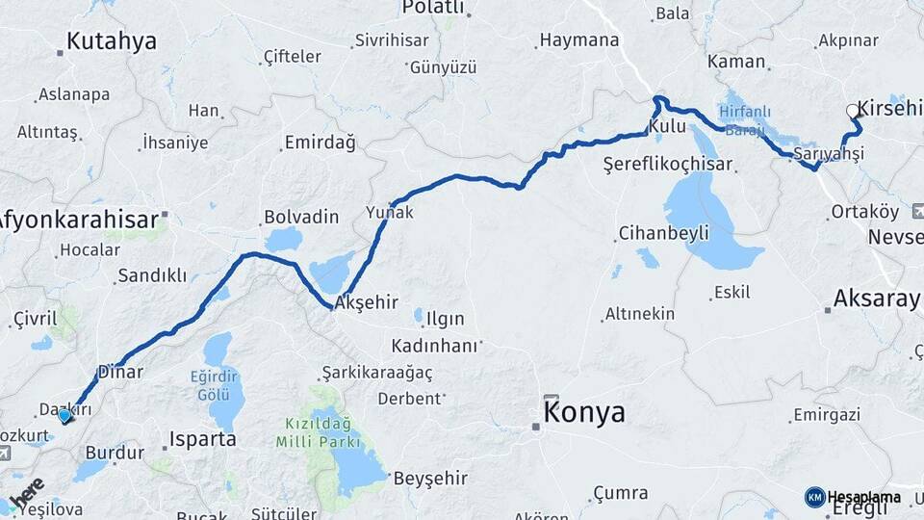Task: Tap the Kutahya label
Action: coord(112,40)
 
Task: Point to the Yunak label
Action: coord(390,213)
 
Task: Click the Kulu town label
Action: coord(667,126)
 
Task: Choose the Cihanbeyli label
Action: coord(663,233)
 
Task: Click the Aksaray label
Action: coord(876,299)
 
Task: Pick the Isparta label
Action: coord(202,439)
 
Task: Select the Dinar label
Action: coord(120,372)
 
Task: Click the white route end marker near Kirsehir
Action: coord(852,112)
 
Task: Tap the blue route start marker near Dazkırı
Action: coord(64,416)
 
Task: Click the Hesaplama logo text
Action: coord(863,498)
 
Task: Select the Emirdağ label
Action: coord(320,143)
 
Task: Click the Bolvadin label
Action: coord(300,217)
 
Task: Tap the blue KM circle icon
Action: coord(814,498)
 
